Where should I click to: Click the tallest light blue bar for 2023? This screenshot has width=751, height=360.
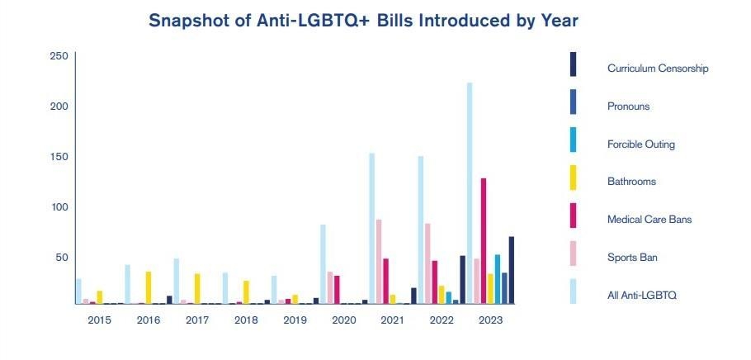click(470, 193)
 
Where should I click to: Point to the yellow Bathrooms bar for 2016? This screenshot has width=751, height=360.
click(149, 288)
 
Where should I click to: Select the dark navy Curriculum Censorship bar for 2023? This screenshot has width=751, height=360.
click(511, 271)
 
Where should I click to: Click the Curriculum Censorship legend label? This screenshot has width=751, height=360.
click(658, 69)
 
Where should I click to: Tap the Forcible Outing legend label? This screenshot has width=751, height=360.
click(640, 144)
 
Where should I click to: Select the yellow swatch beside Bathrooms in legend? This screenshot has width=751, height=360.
click(574, 178)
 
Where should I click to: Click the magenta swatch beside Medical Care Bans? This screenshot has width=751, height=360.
click(574, 216)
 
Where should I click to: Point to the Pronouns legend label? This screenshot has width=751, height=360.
click(628, 107)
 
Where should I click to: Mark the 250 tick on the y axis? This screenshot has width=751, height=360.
click(59, 56)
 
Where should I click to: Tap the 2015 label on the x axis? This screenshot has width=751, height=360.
click(100, 320)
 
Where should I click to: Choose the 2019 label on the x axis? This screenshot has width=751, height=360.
click(295, 320)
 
